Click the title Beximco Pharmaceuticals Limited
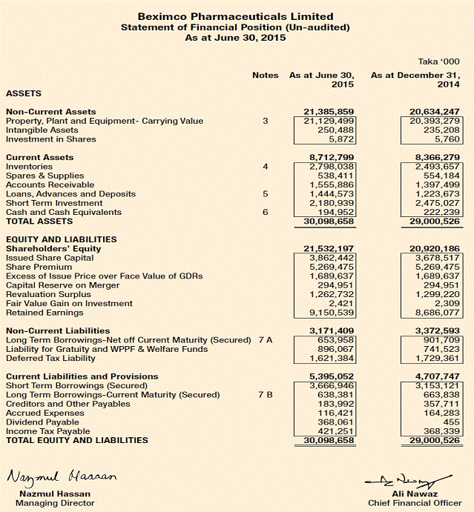(237, 16)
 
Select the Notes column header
(265, 75)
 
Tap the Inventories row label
(29, 167)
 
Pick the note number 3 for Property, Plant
(265, 121)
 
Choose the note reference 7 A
(265, 340)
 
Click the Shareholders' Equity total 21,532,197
(329, 249)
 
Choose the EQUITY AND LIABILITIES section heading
(62, 239)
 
